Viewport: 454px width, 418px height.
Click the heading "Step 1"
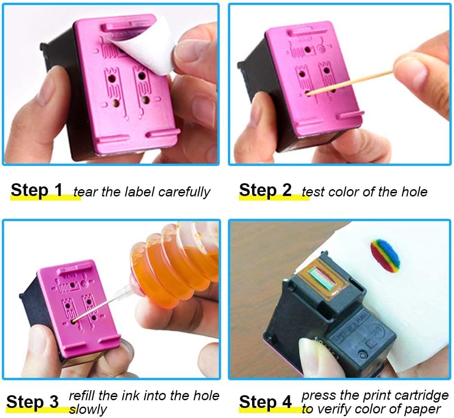(36, 190)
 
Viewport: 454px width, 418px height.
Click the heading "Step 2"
(265, 190)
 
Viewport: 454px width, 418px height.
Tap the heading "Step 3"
(32, 402)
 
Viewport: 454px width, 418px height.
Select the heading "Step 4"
(265, 402)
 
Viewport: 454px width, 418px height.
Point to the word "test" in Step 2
(312, 191)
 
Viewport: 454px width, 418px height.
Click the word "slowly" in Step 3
(88, 409)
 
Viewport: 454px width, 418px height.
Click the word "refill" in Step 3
(82, 395)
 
